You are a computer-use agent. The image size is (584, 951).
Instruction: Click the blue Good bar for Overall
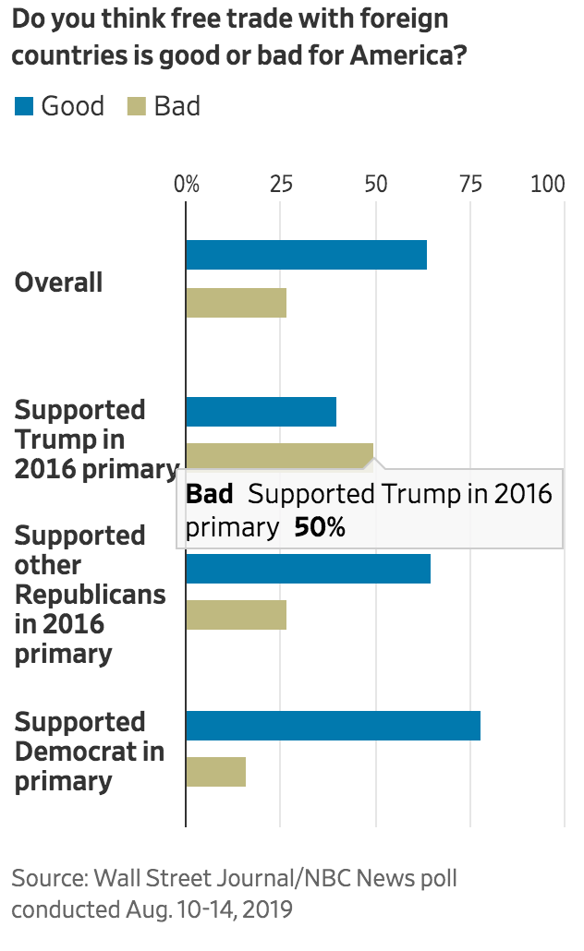306,255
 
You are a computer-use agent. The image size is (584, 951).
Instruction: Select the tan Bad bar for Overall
236,303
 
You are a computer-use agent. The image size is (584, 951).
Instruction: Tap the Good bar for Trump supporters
261,412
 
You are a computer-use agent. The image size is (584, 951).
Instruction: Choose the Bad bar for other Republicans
236,615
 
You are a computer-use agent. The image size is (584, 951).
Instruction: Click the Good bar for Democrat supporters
333,726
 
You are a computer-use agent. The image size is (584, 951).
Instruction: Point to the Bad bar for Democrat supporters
215,772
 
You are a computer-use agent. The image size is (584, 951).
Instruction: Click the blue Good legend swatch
24,107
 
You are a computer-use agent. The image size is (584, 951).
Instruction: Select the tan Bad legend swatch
136,107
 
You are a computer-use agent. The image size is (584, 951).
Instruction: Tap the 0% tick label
187,183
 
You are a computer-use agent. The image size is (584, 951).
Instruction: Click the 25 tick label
281,183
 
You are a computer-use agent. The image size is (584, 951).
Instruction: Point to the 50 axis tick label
375,183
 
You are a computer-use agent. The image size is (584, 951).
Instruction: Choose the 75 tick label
470,183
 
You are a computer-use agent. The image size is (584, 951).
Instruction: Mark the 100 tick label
548,183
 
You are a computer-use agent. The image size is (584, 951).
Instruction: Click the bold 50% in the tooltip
319,527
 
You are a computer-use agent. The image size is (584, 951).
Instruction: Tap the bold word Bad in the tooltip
210,494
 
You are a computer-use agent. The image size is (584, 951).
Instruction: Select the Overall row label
58,282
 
